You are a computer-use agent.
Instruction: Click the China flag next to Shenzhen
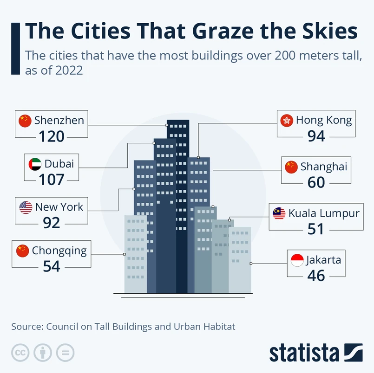click(x=25, y=121)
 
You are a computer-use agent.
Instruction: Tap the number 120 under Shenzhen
click(x=51, y=136)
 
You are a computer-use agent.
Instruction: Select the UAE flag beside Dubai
click(x=35, y=164)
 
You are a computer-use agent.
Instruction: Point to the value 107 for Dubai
click(x=51, y=179)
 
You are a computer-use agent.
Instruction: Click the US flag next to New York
click(x=26, y=207)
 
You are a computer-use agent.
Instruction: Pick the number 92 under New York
click(x=51, y=223)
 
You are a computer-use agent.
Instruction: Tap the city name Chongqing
click(x=59, y=251)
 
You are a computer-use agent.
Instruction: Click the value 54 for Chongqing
click(x=51, y=266)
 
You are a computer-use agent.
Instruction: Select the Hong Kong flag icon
click(x=287, y=121)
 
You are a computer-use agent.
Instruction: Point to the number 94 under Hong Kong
click(x=316, y=136)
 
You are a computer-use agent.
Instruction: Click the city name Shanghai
click(x=323, y=167)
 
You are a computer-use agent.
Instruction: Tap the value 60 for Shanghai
click(x=316, y=182)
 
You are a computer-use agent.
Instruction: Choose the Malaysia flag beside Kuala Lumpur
click(x=279, y=213)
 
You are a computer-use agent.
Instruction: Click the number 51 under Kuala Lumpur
click(x=316, y=229)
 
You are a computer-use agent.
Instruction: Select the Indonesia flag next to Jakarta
click(x=296, y=260)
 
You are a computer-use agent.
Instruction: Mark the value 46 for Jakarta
click(x=316, y=276)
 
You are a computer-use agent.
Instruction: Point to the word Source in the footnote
click(x=26, y=327)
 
